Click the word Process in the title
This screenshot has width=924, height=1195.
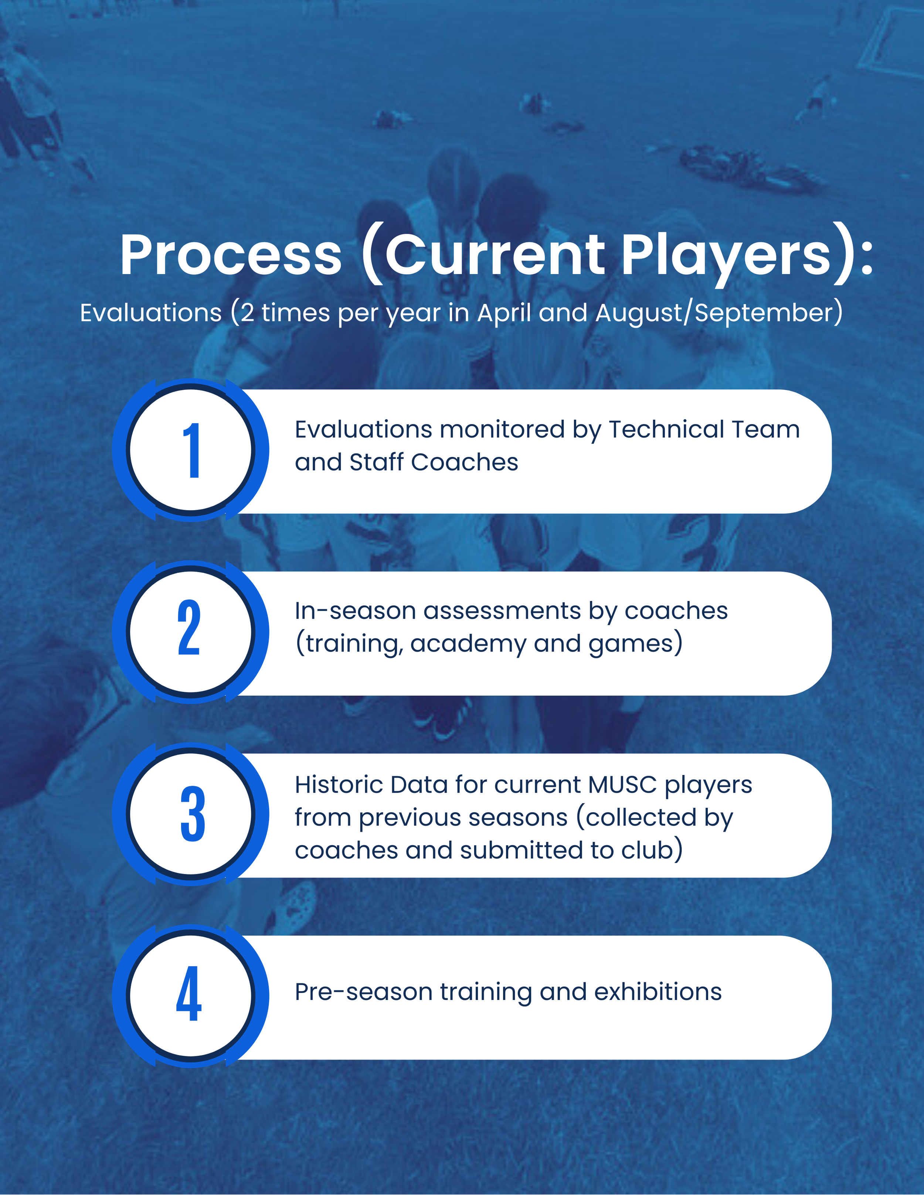pos(231,255)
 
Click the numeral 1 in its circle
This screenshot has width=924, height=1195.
pos(191,450)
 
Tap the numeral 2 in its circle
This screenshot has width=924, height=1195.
pos(189,628)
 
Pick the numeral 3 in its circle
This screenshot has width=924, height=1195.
pos(192,814)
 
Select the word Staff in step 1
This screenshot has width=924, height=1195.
pos(376,462)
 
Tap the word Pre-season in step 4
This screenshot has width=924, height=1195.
pos(363,992)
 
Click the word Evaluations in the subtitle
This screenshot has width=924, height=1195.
pos(150,313)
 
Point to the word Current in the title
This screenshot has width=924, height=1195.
pos(495,255)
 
